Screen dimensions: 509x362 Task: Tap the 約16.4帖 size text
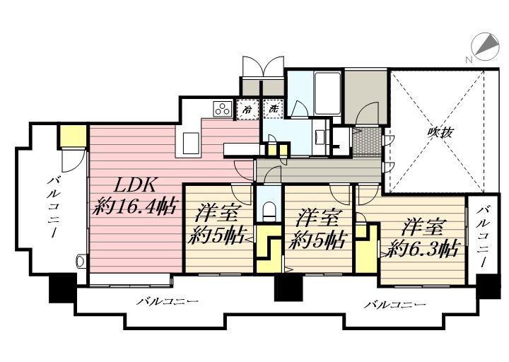coord(135,206)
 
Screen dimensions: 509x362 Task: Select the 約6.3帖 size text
coord(423,249)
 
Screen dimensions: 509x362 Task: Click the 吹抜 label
coord(440,132)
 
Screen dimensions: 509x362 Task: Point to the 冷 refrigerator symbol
coord(247,109)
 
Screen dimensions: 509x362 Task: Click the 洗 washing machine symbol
coord(274,109)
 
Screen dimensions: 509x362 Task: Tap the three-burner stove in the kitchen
coord(223,109)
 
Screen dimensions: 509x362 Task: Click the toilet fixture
coord(269,211)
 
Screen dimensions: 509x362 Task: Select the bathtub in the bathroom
coord(327,93)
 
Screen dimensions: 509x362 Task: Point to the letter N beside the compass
coord(469,59)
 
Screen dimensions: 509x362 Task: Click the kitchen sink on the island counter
coord(191,144)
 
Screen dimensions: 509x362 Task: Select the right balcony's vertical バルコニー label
coord(483,236)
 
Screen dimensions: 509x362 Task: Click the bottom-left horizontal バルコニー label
coord(167,302)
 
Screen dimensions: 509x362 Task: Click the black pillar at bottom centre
coord(288,288)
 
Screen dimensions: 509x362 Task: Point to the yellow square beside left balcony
coord(72,135)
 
